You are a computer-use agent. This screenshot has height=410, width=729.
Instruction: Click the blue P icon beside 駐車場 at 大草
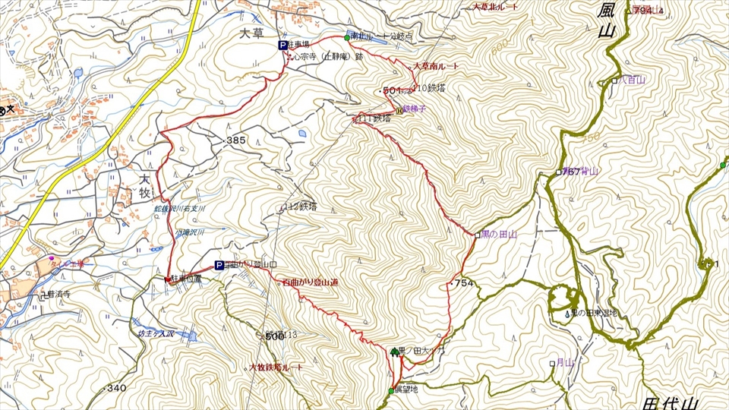pyautogui.click(x=283, y=46)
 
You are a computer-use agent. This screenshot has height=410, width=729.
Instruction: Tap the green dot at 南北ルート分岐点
pyautogui.click(x=346, y=38)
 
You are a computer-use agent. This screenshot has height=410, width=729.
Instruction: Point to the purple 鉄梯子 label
pyautogui.click(x=417, y=109)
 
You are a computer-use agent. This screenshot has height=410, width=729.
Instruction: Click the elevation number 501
pyautogui.click(x=391, y=91)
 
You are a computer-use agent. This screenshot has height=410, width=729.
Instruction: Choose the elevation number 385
pyautogui.click(x=235, y=141)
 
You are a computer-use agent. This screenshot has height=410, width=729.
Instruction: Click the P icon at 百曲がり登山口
pyautogui.click(x=219, y=266)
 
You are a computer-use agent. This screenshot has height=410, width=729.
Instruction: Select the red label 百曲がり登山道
pyautogui.click(x=310, y=282)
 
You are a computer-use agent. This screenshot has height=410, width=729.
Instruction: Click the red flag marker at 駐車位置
pyautogui.click(x=168, y=279)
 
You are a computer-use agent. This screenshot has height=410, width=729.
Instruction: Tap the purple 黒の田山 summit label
pyautogui.click(x=499, y=235)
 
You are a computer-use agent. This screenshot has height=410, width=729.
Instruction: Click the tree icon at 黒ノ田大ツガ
pyautogui.click(x=394, y=351)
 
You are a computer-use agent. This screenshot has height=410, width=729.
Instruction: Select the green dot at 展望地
pyautogui.click(x=391, y=391)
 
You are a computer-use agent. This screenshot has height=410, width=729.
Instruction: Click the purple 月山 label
pyautogui.click(x=563, y=363)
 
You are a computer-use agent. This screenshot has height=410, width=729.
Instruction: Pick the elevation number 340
pyautogui.click(x=115, y=389)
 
